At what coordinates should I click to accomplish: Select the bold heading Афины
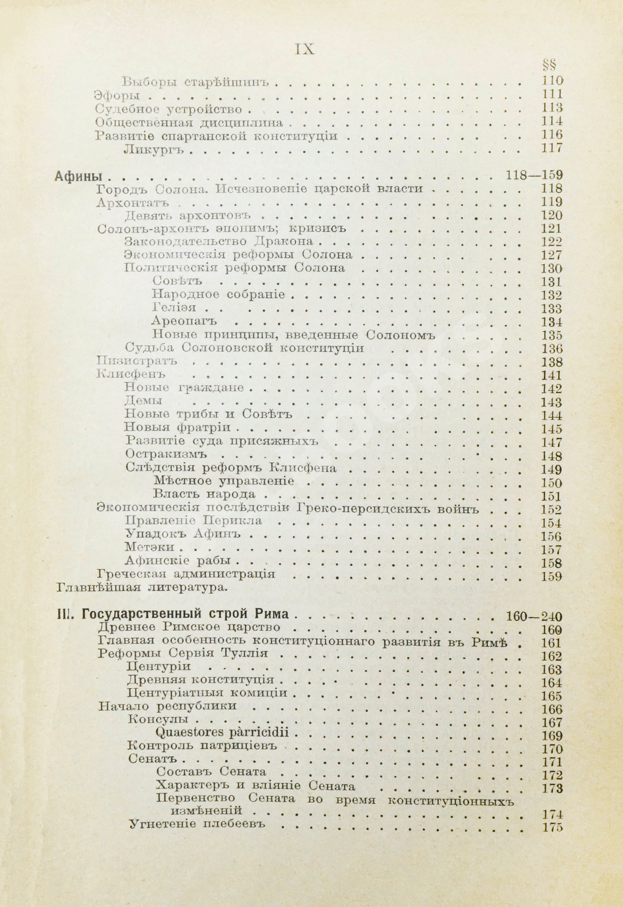click(80, 176)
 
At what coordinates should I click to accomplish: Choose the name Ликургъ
click(153, 149)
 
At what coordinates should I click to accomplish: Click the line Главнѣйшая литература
click(141, 587)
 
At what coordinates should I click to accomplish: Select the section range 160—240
click(534, 617)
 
